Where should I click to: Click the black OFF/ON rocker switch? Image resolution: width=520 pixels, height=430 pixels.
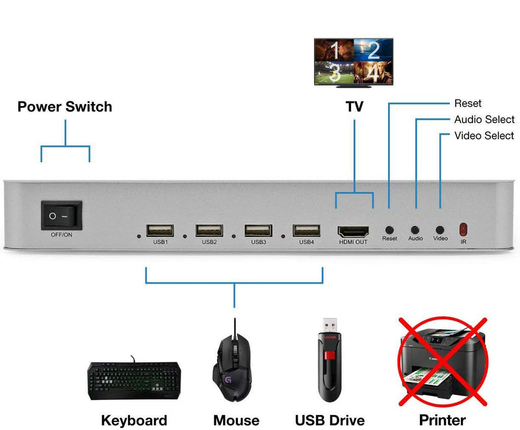(62, 215)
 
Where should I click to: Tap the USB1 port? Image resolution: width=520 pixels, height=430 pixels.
(160, 230)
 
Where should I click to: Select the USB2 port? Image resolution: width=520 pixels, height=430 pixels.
(209, 230)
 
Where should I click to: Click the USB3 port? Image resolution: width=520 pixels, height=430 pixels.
(258, 230)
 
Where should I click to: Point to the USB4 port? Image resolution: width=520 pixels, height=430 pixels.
(306, 230)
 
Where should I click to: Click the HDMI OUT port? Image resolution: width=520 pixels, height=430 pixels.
(353, 231)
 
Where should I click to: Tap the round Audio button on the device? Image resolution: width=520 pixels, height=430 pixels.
(415, 230)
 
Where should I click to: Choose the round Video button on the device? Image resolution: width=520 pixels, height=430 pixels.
(440, 230)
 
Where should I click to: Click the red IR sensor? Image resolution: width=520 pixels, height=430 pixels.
(463, 229)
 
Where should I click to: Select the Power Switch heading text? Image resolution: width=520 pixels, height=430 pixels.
(64, 107)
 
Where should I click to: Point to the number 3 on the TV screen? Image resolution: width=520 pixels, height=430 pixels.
(334, 71)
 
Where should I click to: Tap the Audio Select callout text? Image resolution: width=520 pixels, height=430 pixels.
(484, 120)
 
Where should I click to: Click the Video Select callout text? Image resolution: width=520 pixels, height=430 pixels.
(484, 136)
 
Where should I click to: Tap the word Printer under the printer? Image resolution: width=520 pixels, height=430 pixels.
(443, 420)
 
